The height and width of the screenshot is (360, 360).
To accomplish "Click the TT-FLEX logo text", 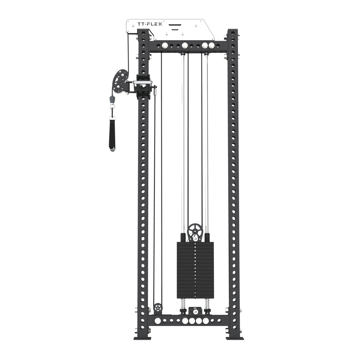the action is [150, 24].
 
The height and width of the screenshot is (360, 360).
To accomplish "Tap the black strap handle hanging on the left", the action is [112, 133].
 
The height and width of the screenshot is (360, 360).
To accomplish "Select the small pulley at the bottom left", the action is [158, 307].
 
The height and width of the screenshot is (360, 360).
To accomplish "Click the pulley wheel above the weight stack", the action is [195, 231].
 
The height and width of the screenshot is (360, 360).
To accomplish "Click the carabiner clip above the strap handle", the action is [112, 111].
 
